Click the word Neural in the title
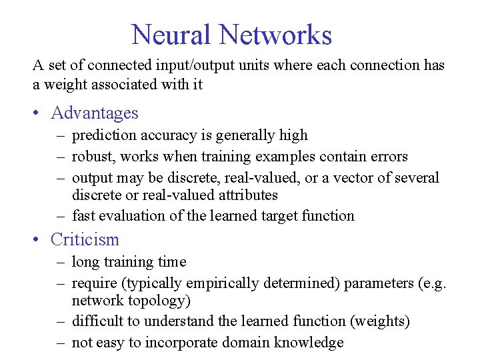171,35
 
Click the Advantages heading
95,113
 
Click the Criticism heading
85,239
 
